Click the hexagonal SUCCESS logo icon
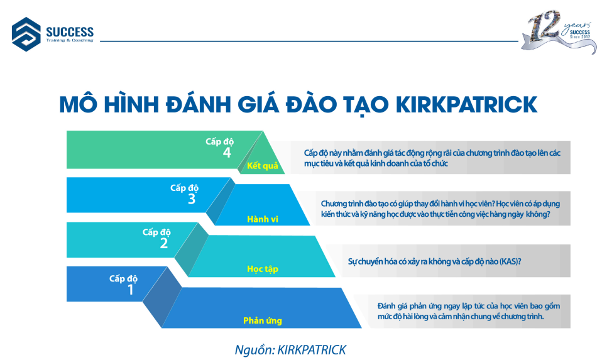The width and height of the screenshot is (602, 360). click(26, 34)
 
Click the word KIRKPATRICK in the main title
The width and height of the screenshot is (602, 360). click(466, 104)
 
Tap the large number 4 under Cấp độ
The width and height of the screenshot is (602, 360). click(227, 153)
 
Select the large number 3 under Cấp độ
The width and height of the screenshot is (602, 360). click(192, 199)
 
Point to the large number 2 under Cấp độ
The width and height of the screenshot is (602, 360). click(164, 243)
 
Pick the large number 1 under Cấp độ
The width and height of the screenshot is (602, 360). click(131, 290)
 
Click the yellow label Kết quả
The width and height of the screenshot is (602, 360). click(263, 166)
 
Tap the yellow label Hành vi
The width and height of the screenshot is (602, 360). click(263, 219)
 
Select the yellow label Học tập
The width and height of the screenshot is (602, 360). click(263, 269)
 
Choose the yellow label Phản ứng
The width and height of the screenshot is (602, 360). click(263, 320)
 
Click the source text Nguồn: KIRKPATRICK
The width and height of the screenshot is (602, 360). click(291, 350)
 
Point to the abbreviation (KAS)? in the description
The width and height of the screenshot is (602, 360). click(510, 261)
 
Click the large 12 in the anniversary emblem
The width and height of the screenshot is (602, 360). click(544, 26)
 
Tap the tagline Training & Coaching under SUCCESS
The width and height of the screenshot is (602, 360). click(70, 40)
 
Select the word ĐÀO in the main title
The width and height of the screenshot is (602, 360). click(310, 104)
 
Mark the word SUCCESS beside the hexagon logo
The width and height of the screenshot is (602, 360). click(70, 31)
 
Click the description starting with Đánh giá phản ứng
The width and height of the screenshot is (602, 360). click(469, 311)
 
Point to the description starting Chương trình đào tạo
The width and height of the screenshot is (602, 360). click(441, 209)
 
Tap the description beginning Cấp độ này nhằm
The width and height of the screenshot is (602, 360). click(432, 158)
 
